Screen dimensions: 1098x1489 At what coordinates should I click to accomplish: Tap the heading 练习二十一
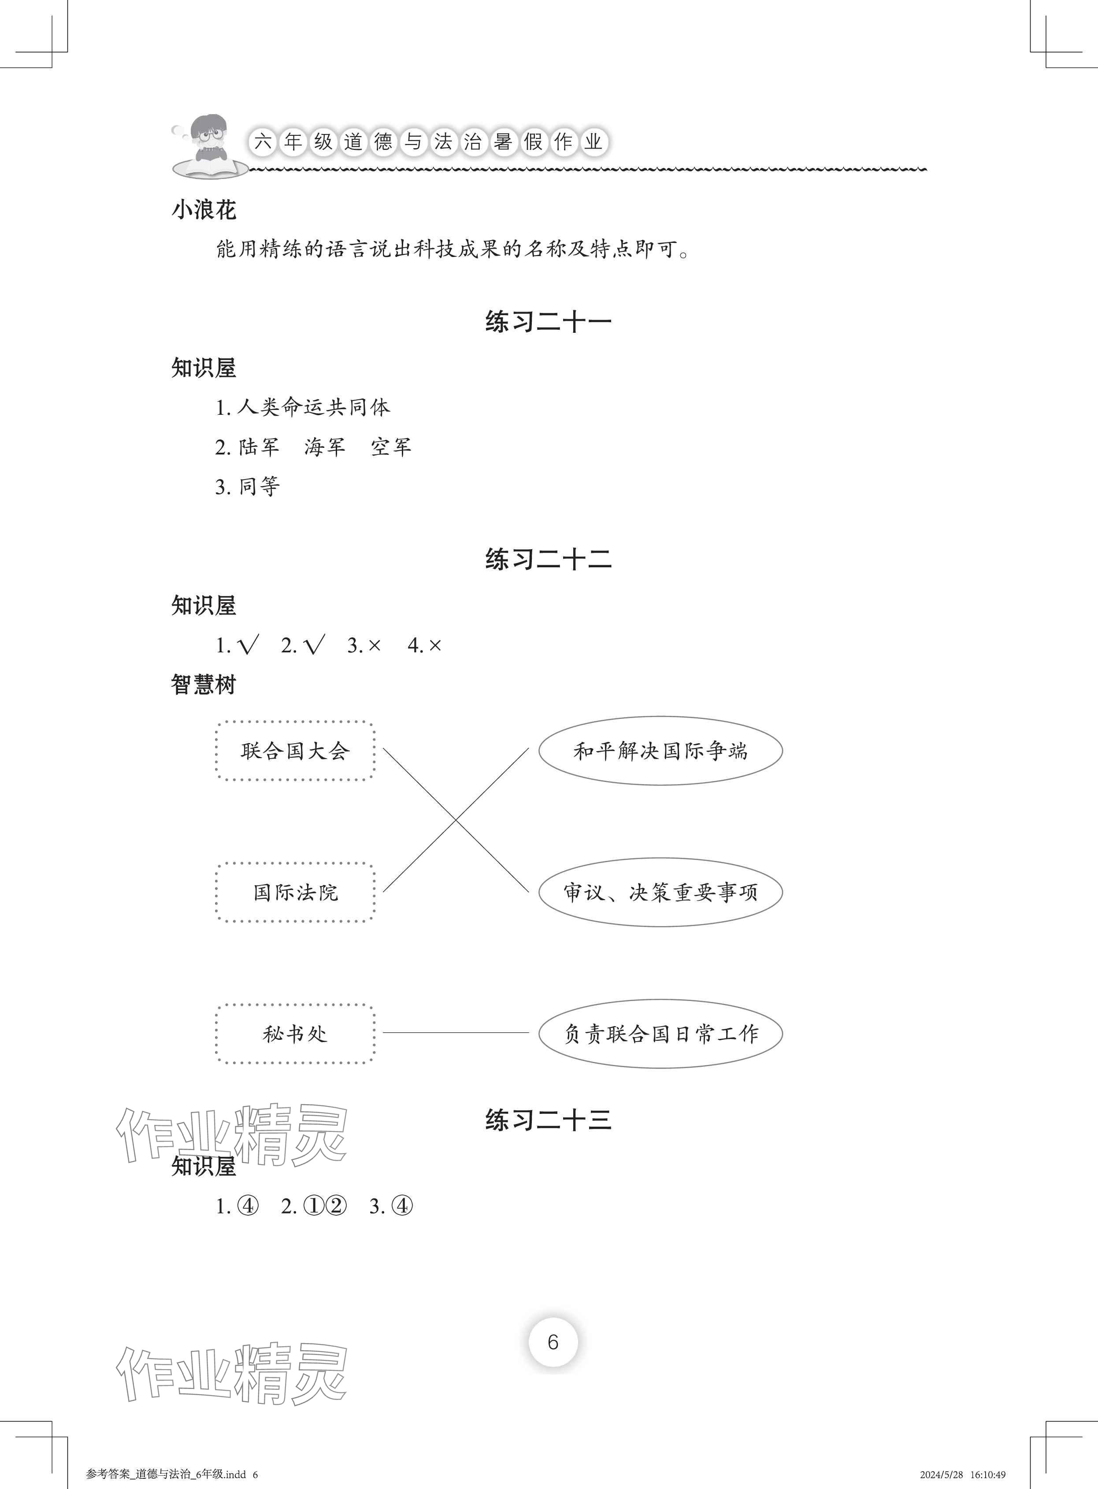pyautogui.click(x=548, y=322)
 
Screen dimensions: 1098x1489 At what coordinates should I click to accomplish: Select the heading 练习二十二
pyautogui.click(x=548, y=560)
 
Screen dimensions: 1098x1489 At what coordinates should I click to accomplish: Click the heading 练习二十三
pyautogui.click(x=548, y=1120)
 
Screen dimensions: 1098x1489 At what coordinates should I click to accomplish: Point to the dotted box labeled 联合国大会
pyautogui.click(x=295, y=751)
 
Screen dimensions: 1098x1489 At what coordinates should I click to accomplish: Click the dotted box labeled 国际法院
pyautogui.click(x=295, y=892)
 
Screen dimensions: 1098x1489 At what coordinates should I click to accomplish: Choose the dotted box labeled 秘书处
pyautogui.click(x=295, y=1034)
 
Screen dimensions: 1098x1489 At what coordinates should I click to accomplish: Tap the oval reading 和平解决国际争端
pyautogui.click(x=660, y=751)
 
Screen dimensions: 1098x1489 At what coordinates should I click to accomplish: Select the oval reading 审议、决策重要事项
pyautogui.click(x=660, y=892)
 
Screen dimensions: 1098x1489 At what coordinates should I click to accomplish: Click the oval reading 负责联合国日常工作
pyautogui.click(x=660, y=1034)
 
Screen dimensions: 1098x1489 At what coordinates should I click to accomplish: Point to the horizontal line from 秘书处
pyautogui.click(x=456, y=1033)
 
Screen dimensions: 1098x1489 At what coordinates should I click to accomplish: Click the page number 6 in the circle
pyautogui.click(x=553, y=1342)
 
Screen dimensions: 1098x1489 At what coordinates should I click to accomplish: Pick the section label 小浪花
pyautogui.click(x=204, y=210)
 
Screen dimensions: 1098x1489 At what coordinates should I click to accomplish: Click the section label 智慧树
pyautogui.click(x=204, y=685)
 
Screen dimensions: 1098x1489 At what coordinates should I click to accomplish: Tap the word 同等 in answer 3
pyautogui.click(x=259, y=487)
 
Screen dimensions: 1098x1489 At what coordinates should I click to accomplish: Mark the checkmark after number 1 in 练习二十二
pyautogui.click(x=247, y=645)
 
